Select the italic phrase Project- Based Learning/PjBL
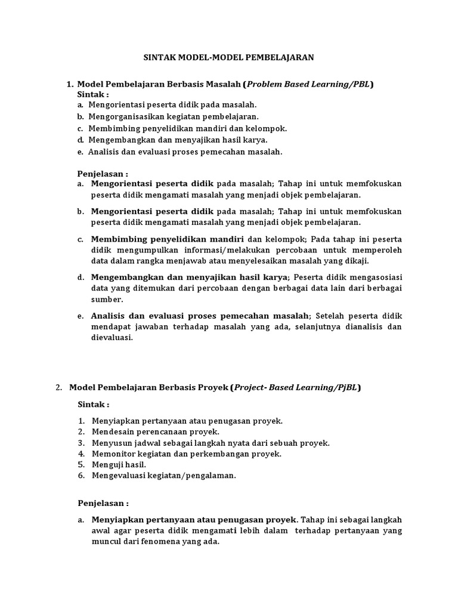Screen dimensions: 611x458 pyautogui.click(x=296, y=387)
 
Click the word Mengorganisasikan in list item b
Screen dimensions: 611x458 pyautogui.click(x=123, y=116)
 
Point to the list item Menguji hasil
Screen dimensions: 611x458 pyautogui.click(x=119, y=464)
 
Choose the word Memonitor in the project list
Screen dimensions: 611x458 pyautogui.click(x=110, y=453)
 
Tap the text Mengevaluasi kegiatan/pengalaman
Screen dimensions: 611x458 pyautogui.click(x=164, y=476)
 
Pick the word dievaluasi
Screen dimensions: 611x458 pyautogui.click(x=112, y=337)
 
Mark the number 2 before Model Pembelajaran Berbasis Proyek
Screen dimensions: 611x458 pyautogui.click(x=58, y=387)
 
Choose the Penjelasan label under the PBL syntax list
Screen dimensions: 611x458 pyautogui.click(x=103, y=173)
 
